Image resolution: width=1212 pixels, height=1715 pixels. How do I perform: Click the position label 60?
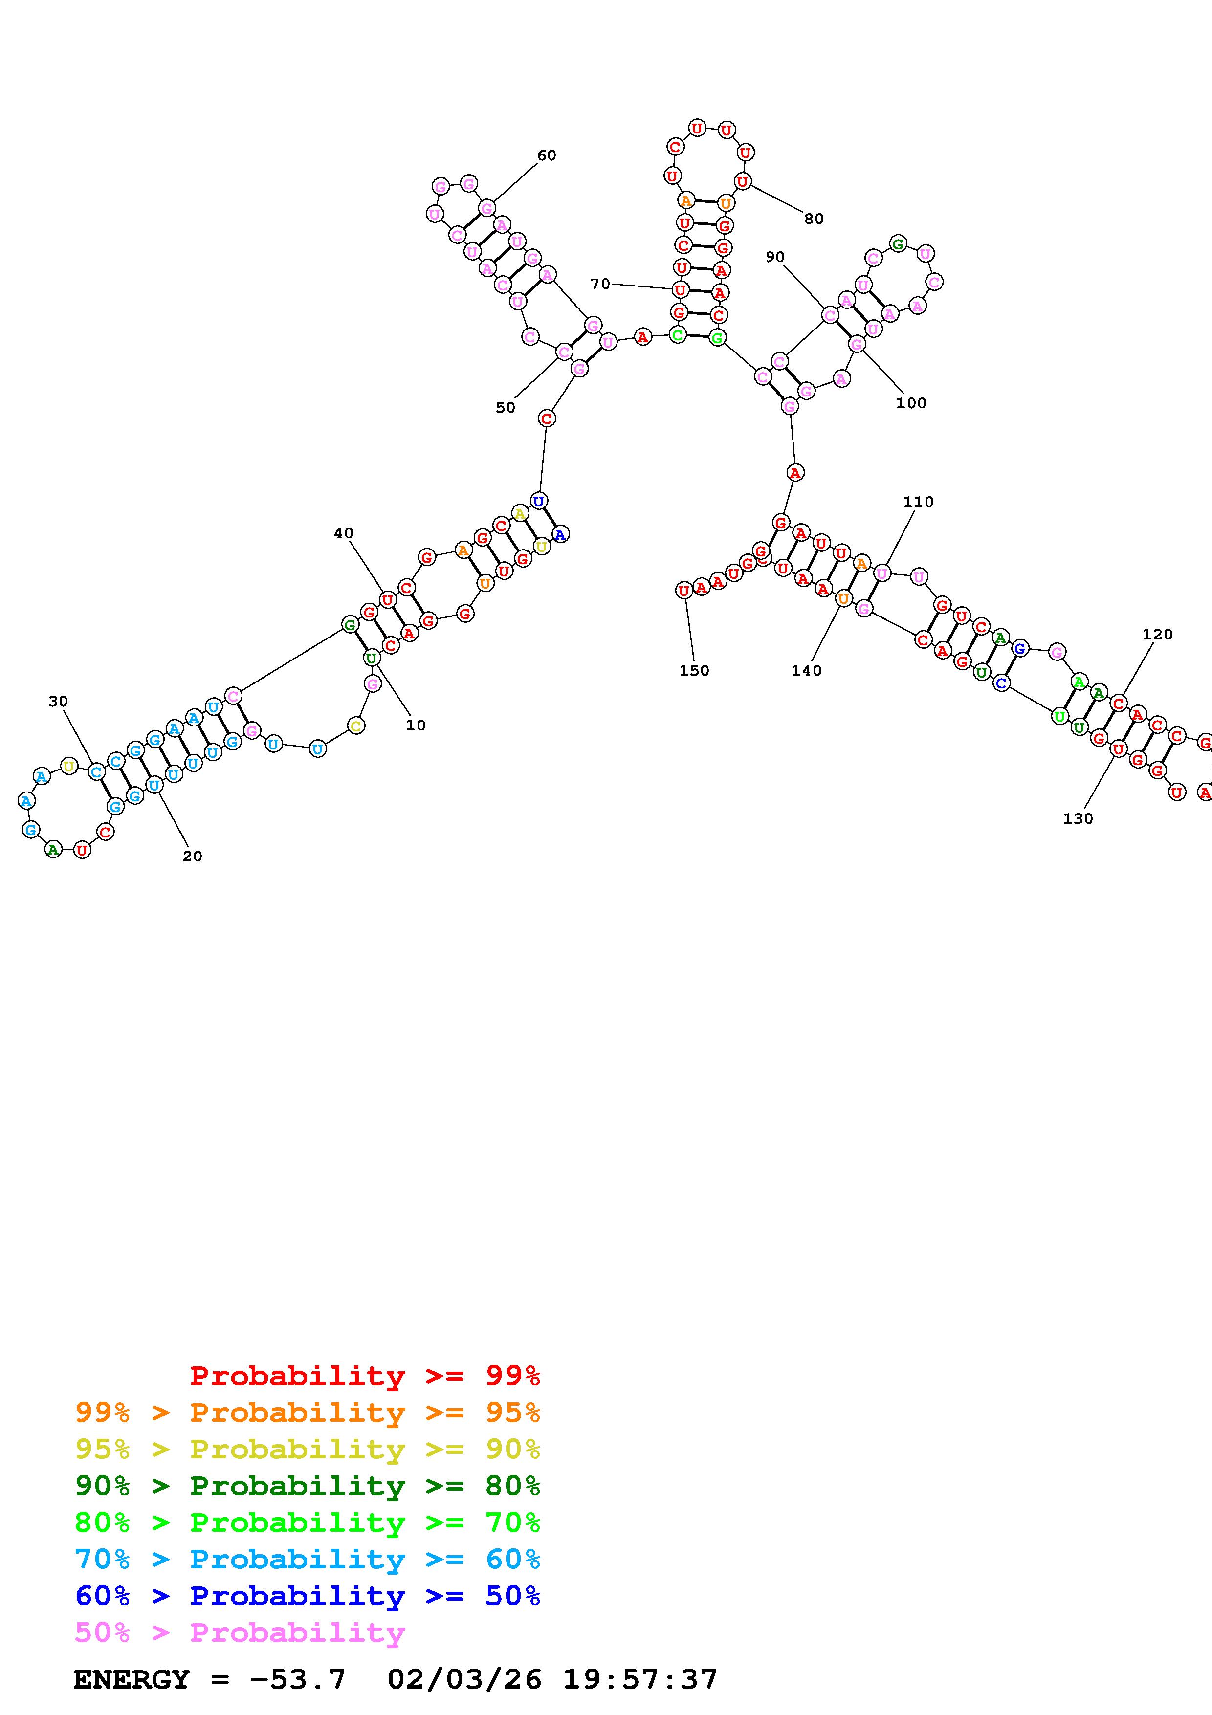click(547, 155)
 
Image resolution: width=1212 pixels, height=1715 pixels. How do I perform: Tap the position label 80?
click(814, 219)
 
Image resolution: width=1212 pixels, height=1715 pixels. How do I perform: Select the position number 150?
click(694, 671)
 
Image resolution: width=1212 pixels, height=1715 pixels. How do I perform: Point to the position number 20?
click(193, 857)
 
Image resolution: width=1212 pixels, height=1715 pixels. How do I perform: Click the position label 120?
click(1157, 634)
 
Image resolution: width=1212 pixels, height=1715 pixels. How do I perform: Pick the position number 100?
click(911, 403)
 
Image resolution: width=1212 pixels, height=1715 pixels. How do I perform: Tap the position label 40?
click(344, 533)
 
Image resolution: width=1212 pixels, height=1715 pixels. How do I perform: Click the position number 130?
click(1078, 819)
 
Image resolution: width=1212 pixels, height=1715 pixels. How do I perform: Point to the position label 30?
click(58, 702)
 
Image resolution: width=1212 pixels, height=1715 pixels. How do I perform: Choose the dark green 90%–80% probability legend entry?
click(308, 1486)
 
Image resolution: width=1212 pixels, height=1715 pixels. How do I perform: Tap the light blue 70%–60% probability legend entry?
click(308, 1560)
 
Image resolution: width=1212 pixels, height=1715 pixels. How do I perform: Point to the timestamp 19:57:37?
click(640, 1680)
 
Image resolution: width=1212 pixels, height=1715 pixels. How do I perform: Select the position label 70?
click(600, 284)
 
